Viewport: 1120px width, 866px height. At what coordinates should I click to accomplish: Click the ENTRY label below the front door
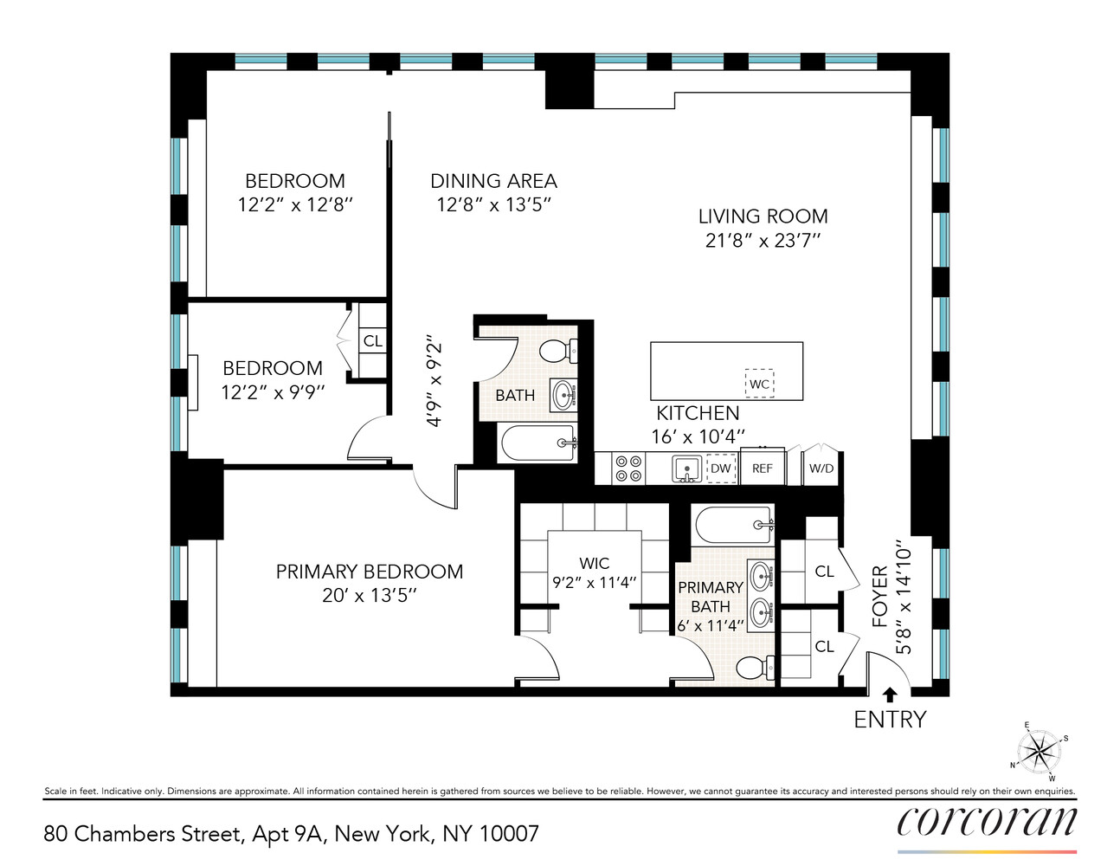tap(889, 720)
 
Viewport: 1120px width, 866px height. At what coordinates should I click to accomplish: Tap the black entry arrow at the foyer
tap(888, 694)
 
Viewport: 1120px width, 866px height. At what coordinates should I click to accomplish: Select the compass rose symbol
tap(1041, 749)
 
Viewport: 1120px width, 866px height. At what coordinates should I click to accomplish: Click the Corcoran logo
tap(987, 821)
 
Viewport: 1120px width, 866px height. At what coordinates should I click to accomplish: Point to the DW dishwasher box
tap(720, 469)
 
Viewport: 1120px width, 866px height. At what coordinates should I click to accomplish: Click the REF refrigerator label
tap(762, 469)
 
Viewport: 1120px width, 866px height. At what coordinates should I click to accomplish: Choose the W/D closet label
tap(821, 469)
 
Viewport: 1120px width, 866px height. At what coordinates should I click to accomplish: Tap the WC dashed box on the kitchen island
tap(759, 385)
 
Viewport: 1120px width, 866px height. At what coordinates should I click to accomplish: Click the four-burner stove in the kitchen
tap(628, 469)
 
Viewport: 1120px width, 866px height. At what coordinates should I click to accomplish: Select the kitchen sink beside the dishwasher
tap(687, 469)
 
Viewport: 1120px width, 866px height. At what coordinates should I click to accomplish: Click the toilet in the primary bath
tap(756, 668)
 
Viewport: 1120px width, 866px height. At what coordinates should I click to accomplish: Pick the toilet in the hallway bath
tap(560, 351)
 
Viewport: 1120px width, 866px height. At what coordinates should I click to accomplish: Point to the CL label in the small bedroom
tap(373, 341)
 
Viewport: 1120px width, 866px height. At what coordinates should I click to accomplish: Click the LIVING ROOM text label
tap(763, 216)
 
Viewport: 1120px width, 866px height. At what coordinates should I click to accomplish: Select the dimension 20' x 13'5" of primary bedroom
tap(369, 595)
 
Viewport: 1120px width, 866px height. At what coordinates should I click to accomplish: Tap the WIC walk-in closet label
tap(594, 563)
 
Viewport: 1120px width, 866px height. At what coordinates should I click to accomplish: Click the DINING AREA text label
tap(493, 181)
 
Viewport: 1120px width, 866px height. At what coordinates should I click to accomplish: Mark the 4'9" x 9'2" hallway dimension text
tap(434, 383)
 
